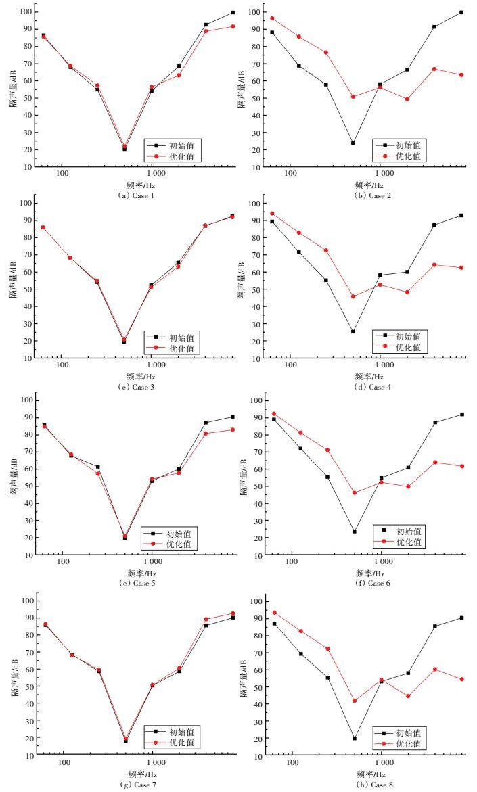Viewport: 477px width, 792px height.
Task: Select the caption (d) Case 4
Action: tap(370, 387)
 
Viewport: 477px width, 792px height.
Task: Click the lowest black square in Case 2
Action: tap(353, 143)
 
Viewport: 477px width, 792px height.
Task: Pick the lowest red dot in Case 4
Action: tap(353, 296)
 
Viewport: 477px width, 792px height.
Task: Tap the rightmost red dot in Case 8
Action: tap(462, 679)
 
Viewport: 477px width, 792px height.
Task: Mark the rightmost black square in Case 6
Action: tap(462, 414)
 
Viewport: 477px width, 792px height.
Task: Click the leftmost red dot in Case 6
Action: tap(273, 414)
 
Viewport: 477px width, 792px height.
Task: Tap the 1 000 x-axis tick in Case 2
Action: tap(382, 174)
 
